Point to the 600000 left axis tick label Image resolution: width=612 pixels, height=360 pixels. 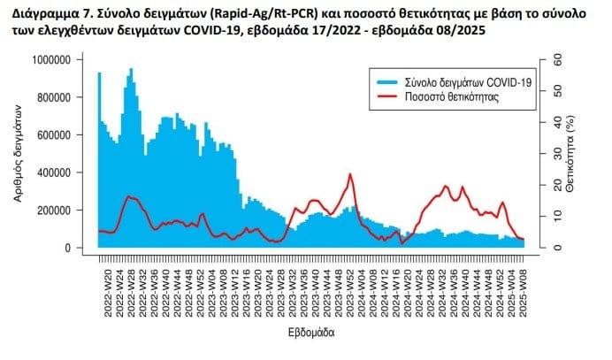[57, 134]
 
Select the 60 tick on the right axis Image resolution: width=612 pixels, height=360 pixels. [556, 59]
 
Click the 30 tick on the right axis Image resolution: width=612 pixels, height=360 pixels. [556, 153]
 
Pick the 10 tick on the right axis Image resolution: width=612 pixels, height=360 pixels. [556, 216]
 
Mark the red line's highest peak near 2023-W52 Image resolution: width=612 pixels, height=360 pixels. [350, 174]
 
